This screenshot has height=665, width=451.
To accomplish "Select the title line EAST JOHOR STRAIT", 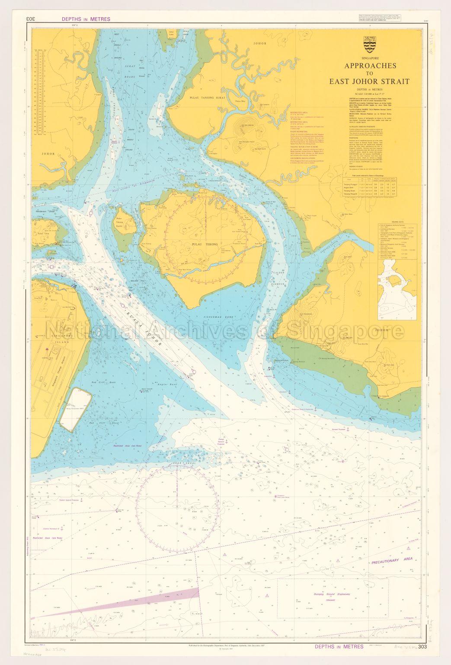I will pyautogui.click(x=370, y=81).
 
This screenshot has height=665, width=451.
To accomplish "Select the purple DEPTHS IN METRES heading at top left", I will pyautogui.click(x=86, y=19).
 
